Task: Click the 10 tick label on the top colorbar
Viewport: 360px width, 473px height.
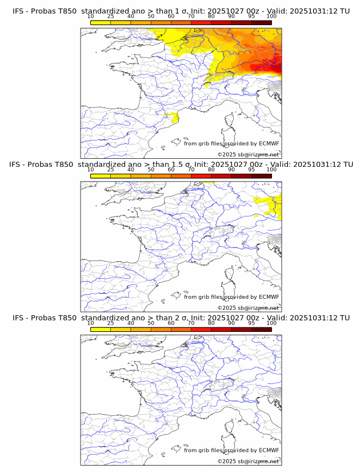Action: coord(91,16)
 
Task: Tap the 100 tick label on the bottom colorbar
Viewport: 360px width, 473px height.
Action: coord(271,323)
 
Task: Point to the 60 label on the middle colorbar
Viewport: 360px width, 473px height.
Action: coord(171,170)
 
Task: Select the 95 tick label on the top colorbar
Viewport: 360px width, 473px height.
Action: coord(251,16)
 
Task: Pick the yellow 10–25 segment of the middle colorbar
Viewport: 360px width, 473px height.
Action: coord(101,175)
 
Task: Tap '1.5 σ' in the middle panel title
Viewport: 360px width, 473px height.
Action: coord(183,164)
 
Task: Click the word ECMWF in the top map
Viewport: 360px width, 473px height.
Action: coord(269,143)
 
